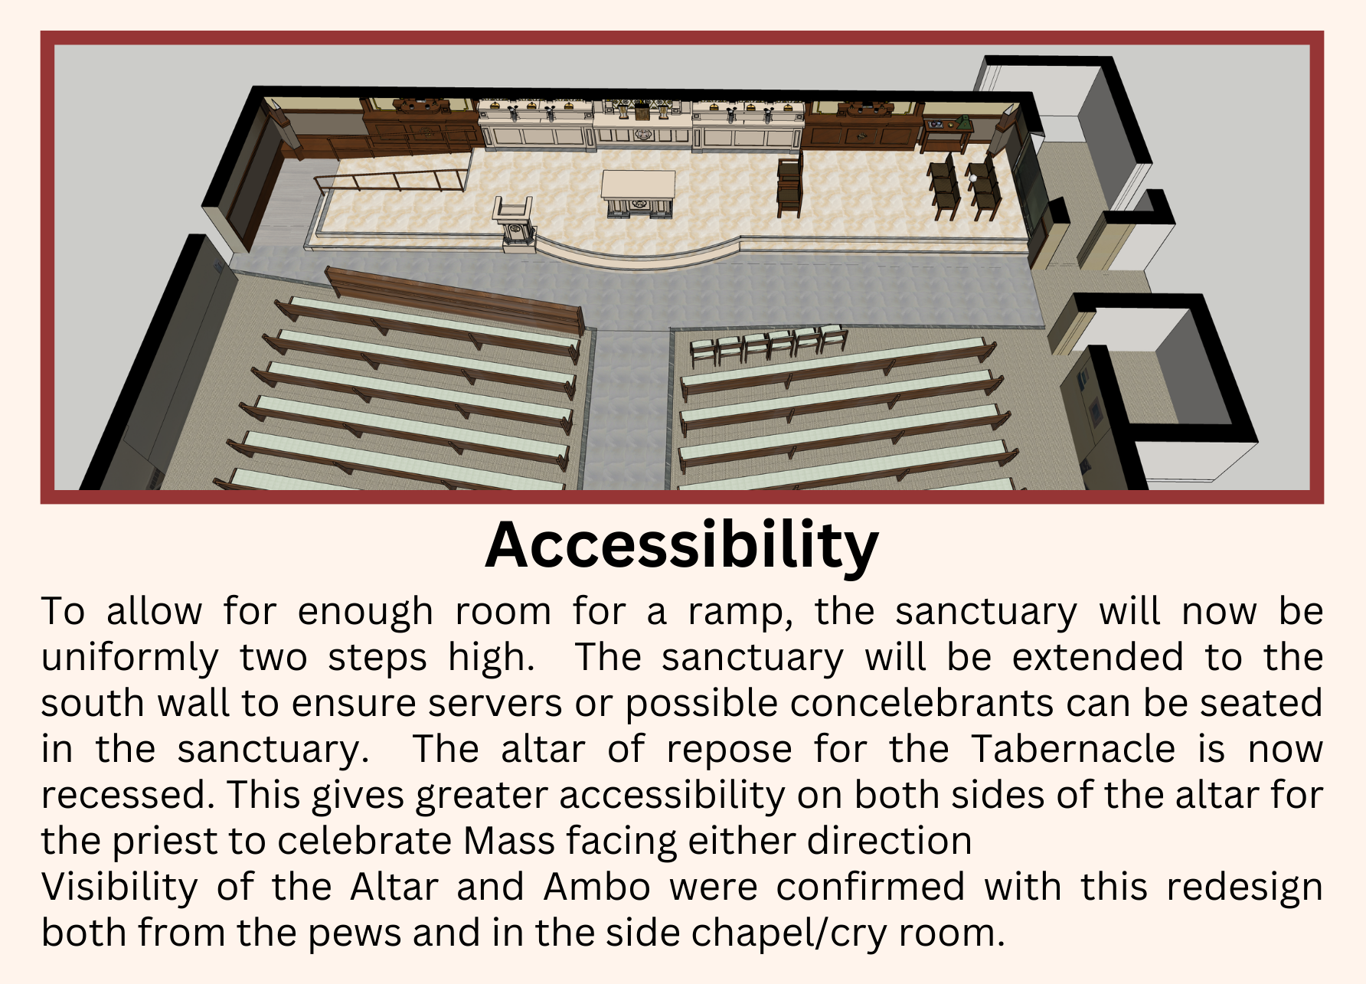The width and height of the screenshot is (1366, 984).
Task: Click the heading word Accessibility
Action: click(x=681, y=545)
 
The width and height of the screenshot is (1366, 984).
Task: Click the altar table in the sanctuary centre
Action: click(x=638, y=194)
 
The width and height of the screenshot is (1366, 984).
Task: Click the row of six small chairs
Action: click(x=769, y=345)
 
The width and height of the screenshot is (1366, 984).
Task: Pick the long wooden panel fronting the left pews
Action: click(x=455, y=299)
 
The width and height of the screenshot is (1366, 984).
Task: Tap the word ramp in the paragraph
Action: click(x=740, y=613)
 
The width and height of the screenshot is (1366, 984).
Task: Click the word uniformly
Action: click(x=129, y=659)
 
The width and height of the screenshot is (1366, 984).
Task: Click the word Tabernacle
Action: click(x=1073, y=749)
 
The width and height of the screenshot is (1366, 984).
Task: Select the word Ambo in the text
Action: click(x=597, y=887)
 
